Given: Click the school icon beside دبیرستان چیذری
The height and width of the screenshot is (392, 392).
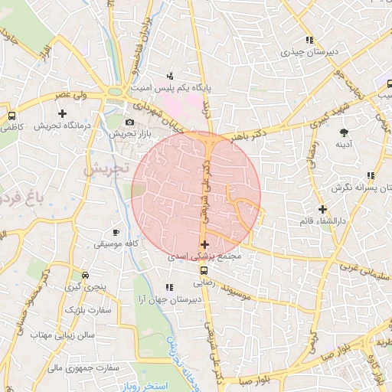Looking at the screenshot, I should [309, 40].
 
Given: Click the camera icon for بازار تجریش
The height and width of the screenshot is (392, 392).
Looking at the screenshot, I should [129, 122].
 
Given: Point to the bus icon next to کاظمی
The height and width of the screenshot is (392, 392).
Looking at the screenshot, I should [11, 116].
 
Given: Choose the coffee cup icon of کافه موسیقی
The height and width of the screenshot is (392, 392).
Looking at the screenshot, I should [116, 232].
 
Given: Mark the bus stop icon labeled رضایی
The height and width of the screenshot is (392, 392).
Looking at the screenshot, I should [204, 270].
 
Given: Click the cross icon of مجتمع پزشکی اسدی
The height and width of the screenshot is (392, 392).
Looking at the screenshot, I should [204, 244].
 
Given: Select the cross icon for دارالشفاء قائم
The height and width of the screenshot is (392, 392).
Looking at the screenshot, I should [322, 208].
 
